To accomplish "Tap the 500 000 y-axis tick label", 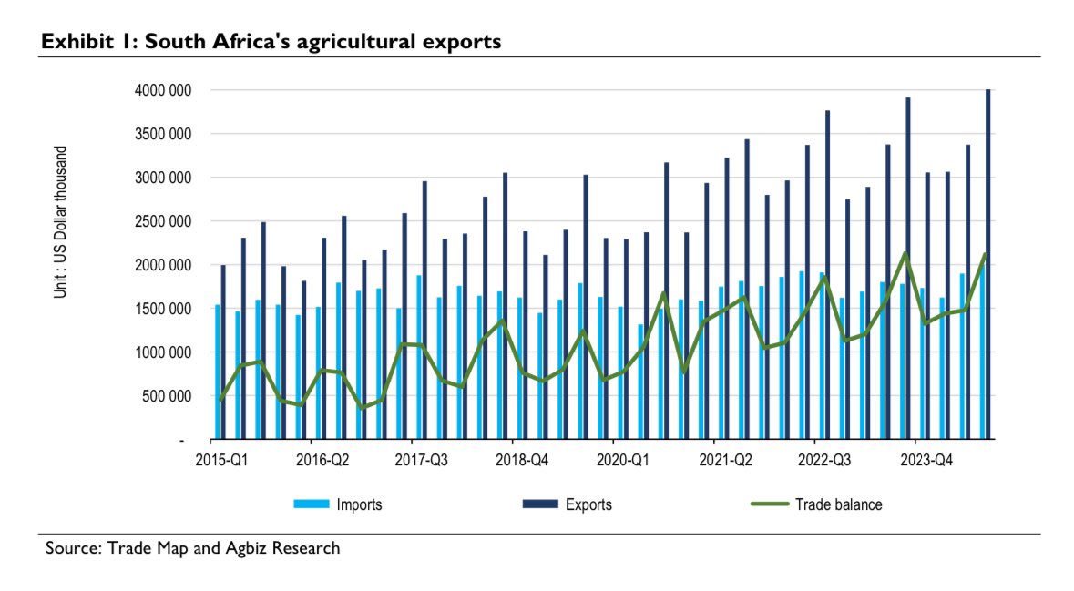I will click(x=163, y=396).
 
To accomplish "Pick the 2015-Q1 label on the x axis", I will click(x=221, y=461).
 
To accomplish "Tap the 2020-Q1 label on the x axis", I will click(x=623, y=461).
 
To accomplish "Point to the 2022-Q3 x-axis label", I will click(x=825, y=461).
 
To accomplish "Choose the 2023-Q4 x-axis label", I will click(x=926, y=461).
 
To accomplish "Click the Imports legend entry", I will click(x=338, y=504).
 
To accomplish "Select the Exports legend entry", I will click(x=567, y=504).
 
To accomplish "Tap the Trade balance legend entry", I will click(x=814, y=504).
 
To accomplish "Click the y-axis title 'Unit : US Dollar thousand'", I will click(x=61, y=222).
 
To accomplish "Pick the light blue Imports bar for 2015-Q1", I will click(x=217, y=372).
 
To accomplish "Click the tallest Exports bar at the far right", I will click(x=988, y=264).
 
